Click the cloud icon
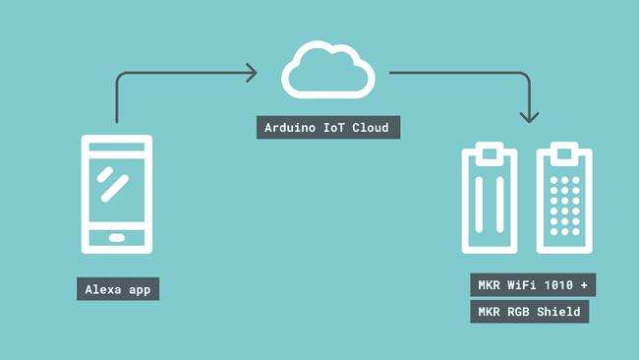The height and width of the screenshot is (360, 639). point(329,70)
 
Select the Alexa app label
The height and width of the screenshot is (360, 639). point(118,289)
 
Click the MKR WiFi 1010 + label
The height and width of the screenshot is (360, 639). point(532,286)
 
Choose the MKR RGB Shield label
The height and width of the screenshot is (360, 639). point(529,312)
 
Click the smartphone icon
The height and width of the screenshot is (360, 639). point(116,193)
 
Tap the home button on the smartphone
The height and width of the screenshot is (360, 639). point(116,238)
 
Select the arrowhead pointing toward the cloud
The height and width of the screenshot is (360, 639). point(251,72)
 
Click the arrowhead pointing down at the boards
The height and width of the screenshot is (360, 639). point(530,115)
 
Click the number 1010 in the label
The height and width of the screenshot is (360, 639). point(554,286)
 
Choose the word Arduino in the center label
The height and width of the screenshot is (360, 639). point(292,128)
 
